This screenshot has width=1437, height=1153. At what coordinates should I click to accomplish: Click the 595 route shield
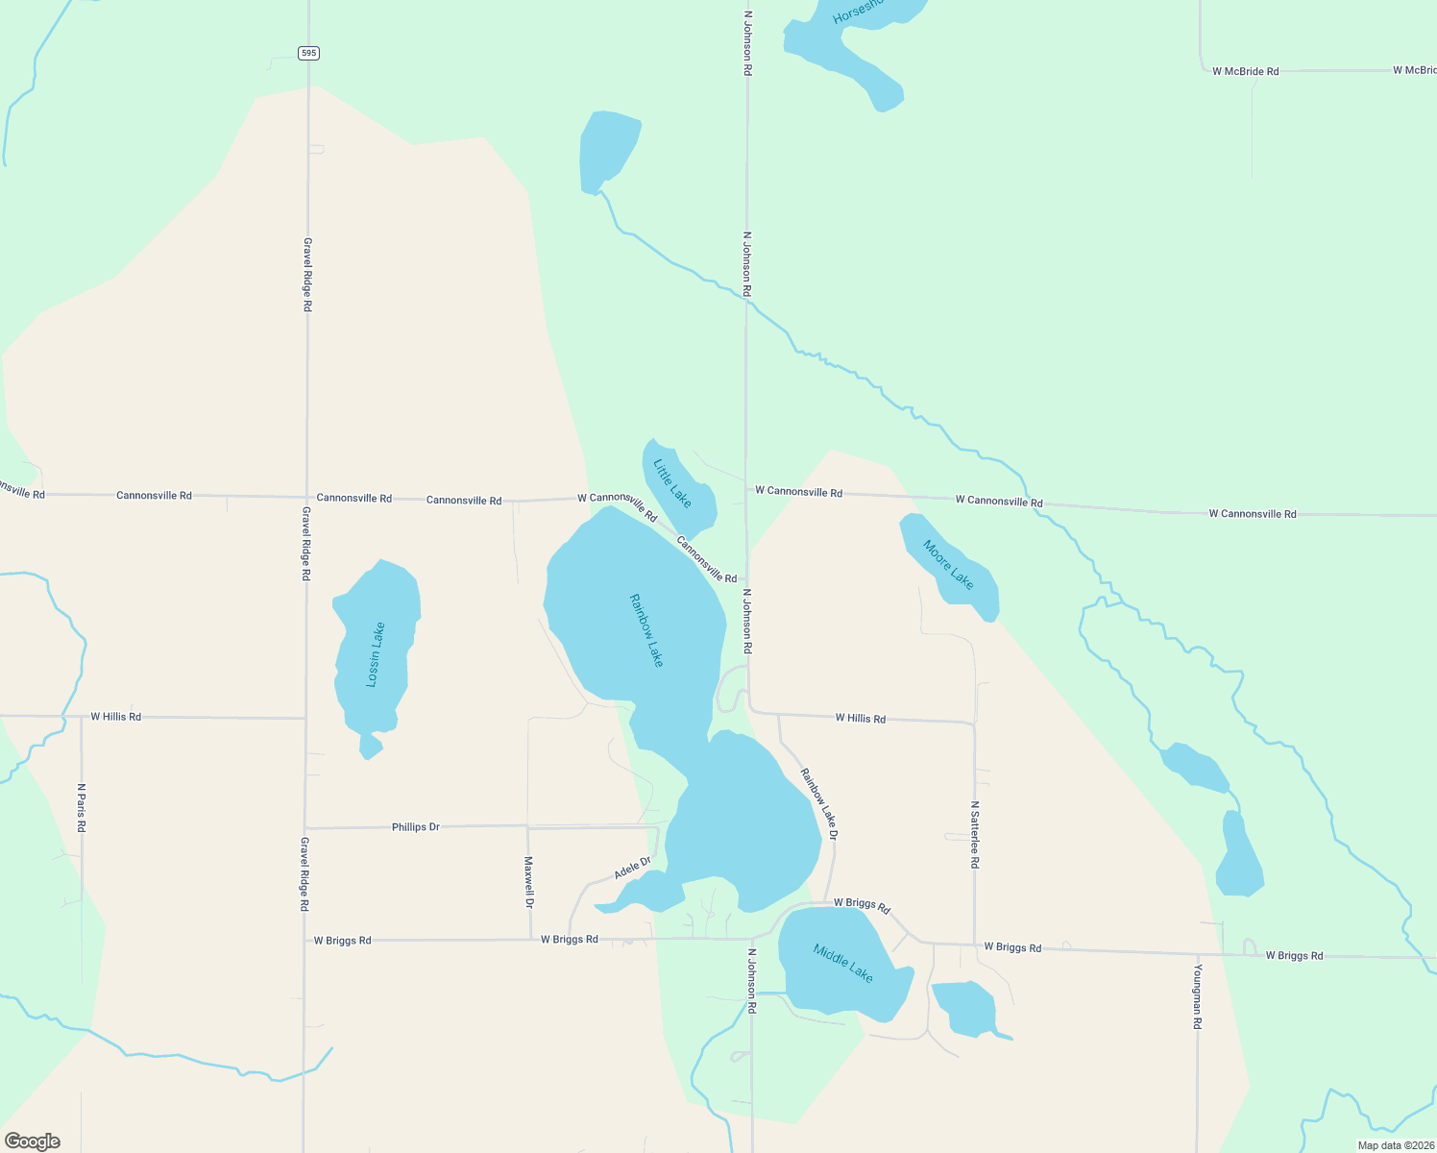307,53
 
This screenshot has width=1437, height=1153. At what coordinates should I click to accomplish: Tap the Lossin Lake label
376,654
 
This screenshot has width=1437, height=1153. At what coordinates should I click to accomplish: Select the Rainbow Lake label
646,630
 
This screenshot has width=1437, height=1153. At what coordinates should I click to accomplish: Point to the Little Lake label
672,483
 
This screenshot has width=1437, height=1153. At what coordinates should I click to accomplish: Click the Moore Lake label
948,565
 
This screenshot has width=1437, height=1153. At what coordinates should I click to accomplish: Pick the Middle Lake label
843,963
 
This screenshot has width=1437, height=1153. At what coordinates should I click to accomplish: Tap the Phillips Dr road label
415,826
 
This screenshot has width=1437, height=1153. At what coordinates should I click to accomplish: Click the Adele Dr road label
633,868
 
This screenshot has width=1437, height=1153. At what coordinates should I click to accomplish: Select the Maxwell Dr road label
528,882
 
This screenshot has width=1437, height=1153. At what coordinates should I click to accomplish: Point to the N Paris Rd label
82,807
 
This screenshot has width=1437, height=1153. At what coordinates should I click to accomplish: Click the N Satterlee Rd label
974,835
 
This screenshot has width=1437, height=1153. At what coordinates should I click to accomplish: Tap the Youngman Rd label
1198,996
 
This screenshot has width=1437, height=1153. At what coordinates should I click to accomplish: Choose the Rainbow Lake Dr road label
819,804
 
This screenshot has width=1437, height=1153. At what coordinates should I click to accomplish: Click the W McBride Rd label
1245,71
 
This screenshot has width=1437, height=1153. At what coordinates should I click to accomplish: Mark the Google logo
33,1141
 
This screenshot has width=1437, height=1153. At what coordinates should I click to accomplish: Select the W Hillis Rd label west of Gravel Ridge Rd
115,717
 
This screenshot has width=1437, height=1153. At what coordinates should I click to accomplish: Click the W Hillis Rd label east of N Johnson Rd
860,718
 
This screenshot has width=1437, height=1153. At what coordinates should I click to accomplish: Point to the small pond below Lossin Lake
371,747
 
